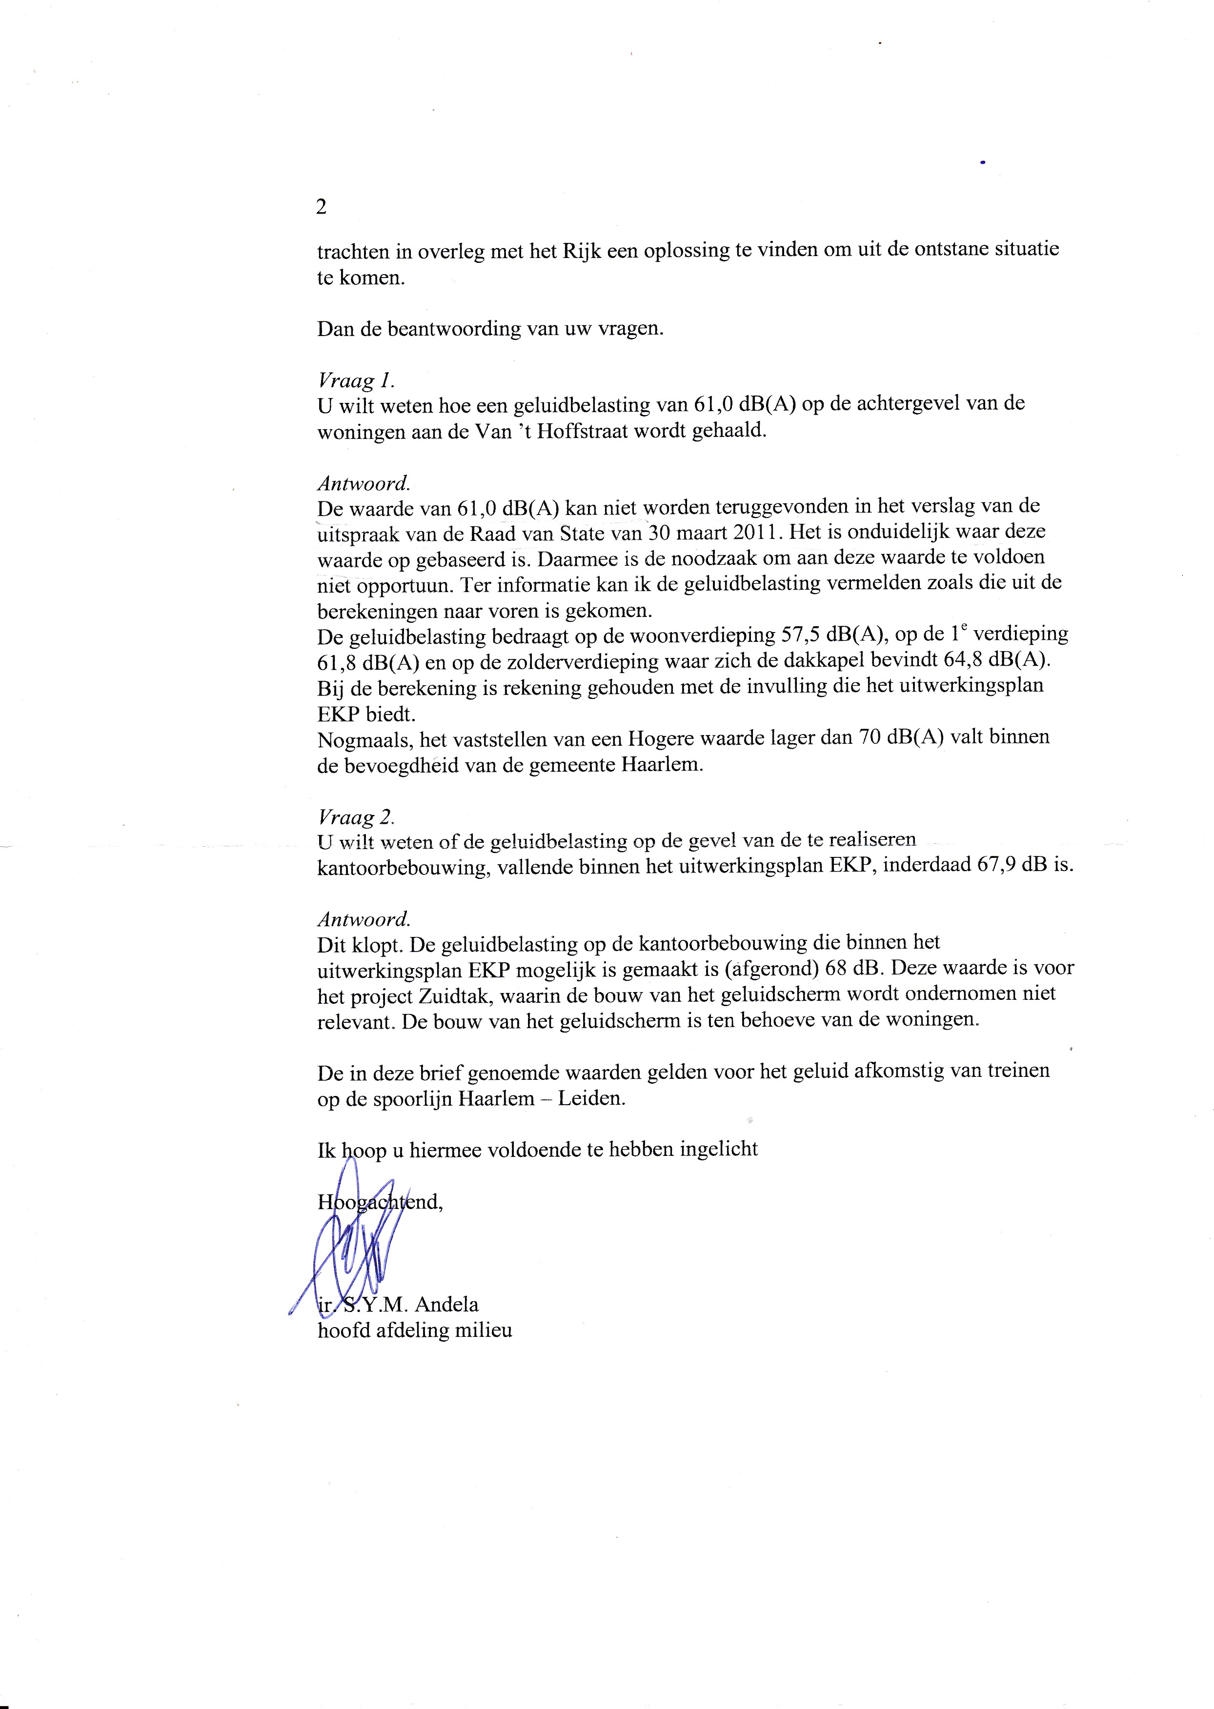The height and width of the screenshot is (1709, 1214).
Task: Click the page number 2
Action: [322, 207]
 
